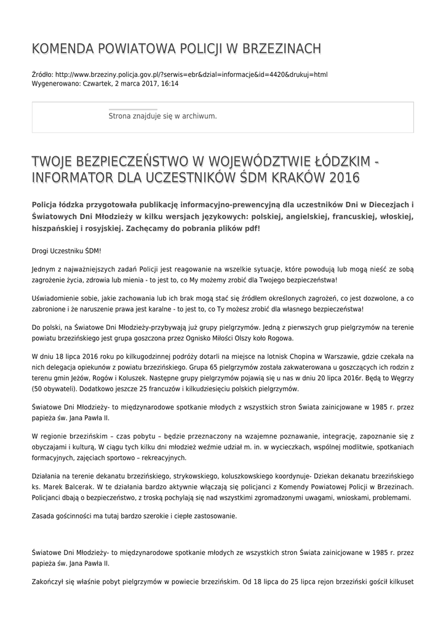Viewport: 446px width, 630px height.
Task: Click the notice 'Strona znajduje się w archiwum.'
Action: point(162,116)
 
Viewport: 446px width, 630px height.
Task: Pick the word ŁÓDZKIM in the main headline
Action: point(336,162)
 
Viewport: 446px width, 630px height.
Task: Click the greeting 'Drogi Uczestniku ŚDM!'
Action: point(66,252)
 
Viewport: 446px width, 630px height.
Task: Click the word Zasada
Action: point(43,516)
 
